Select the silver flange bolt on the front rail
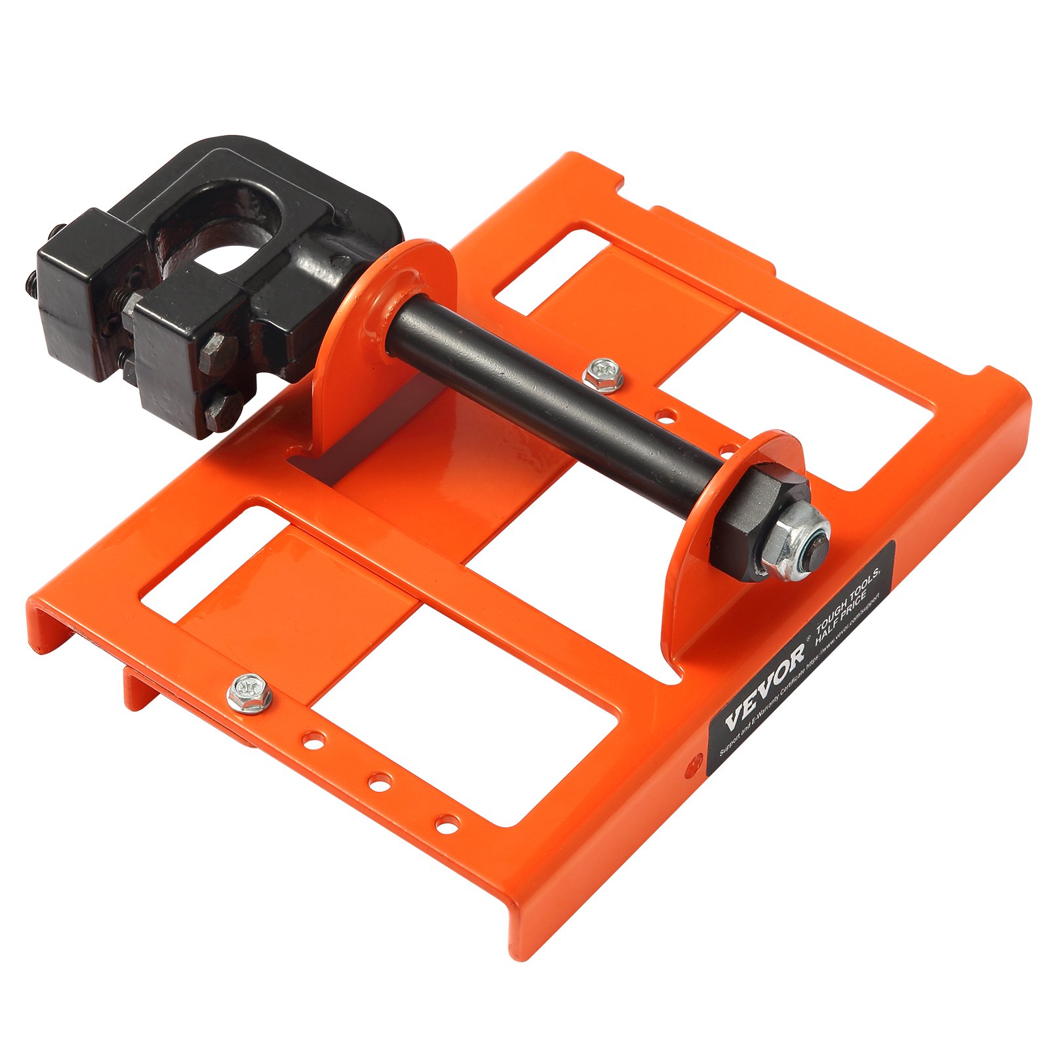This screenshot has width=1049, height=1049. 249,692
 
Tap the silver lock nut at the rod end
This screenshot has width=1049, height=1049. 803,542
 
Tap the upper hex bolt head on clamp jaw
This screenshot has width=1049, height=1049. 217,350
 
